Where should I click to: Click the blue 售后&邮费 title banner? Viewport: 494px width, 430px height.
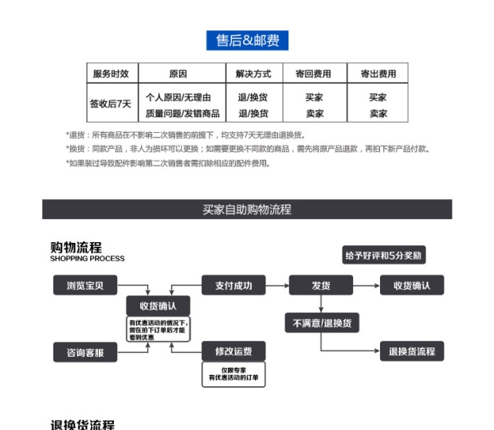(x=247, y=41)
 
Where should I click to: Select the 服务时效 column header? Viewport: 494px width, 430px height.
(x=111, y=74)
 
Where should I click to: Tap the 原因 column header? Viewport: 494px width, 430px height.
(x=178, y=74)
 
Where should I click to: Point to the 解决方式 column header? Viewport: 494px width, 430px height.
(x=253, y=74)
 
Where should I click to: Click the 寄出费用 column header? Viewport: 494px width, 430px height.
(x=378, y=74)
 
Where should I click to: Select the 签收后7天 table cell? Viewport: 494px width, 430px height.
(x=111, y=104)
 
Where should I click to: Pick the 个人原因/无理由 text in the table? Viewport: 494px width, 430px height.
(x=178, y=97)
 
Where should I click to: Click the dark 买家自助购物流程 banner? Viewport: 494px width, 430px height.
(x=247, y=209)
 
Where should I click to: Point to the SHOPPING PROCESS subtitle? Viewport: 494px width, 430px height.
(x=88, y=259)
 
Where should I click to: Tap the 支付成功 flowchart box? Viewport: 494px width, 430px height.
(x=233, y=285)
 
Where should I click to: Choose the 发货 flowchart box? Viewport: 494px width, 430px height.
(x=320, y=285)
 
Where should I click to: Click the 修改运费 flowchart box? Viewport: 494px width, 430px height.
(x=233, y=351)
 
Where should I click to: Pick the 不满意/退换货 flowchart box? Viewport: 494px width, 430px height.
(x=321, y=322)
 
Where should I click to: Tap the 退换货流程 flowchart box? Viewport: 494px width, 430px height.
(x=411, y=351)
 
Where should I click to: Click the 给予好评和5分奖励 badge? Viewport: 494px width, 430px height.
(x=384, y=256)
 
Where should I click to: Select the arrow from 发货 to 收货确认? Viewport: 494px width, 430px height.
(x=367, y=285)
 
